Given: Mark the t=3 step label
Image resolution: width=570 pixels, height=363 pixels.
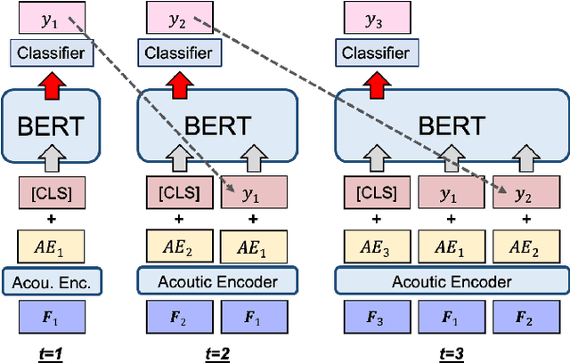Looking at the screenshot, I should [452, 353].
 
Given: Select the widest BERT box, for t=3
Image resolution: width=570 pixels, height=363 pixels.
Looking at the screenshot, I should [452, 125].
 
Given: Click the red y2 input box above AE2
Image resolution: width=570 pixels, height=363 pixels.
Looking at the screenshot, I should [530, 190].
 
